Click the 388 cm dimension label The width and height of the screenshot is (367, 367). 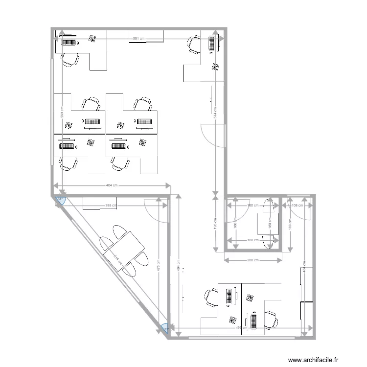112,206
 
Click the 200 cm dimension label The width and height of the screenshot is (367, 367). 253,260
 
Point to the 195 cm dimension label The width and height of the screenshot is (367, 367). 215,223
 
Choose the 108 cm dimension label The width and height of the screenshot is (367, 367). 297,206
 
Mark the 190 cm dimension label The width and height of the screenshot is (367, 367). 290,224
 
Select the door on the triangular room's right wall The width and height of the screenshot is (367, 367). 158,210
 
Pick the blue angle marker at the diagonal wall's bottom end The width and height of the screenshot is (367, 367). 166,329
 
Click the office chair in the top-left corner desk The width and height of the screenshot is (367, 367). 70,60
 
